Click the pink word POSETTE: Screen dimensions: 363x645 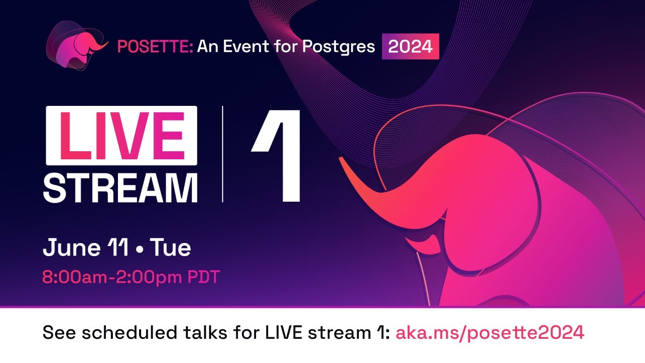tap(155, 47)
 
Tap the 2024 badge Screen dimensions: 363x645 tap(410, 47)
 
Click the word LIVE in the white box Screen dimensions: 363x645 tap(121, 136)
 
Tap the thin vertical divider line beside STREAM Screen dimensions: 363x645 tap(223, 154)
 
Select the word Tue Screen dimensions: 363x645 tap(170, 249)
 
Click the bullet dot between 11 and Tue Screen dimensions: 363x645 tap(140, 250)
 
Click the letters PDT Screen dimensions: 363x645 tap(204, 277)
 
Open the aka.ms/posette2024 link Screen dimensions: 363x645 tap(490, 333)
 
